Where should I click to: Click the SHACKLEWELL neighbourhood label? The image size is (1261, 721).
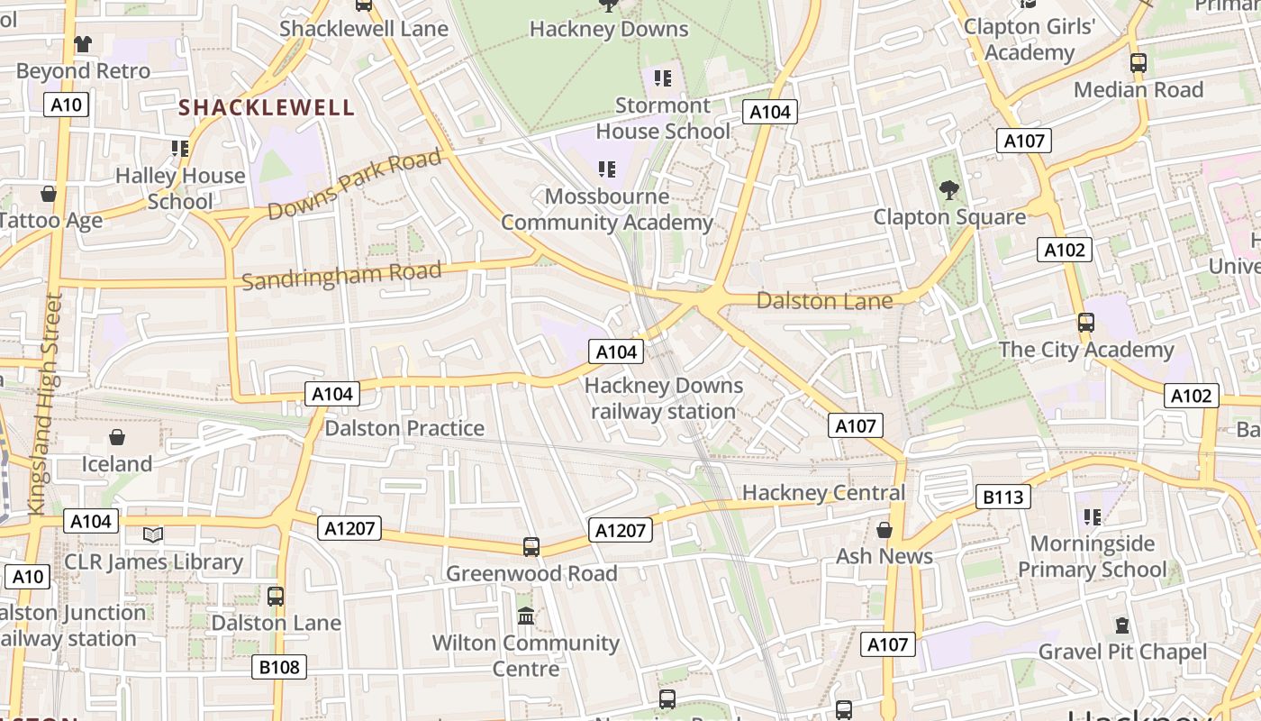click(267, 108)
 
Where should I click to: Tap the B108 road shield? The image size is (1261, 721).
click(278, 667)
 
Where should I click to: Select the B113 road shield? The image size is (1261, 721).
click(1002, 497)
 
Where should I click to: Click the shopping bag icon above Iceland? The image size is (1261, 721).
click(117, 438)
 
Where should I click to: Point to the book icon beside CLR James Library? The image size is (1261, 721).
click(154, 535)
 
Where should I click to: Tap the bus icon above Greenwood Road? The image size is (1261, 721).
click(531, 547)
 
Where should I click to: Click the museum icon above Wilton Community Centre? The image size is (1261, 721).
click(526, 616)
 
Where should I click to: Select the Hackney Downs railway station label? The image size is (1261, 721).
click(664, 398)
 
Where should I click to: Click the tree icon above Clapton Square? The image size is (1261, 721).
click(948, 190)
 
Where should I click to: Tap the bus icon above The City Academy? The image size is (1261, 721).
click(1086, 323)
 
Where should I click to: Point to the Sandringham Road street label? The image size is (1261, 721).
click(341, 276)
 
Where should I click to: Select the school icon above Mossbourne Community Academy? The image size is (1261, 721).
click(607, 169)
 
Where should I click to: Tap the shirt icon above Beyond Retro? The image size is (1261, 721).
click(83, 43)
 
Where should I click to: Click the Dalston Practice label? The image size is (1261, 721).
click(404, 428)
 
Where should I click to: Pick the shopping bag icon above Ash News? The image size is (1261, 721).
click(885, 530)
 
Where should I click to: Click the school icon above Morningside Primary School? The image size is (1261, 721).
click(1093, 517)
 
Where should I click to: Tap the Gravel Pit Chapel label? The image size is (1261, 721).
click(1122, 652)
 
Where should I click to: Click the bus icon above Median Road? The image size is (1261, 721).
click(1139, 63)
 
